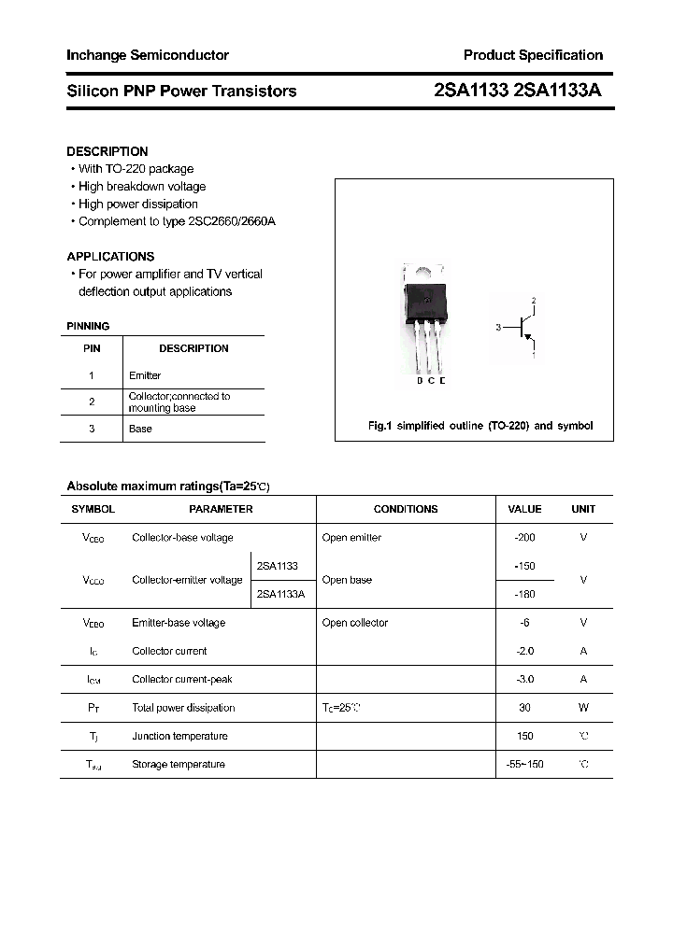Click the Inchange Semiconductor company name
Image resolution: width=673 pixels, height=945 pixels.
(148, 55)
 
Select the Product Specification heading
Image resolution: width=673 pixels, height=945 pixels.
(533, 55)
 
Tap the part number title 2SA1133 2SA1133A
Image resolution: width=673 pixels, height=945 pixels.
(518, 91)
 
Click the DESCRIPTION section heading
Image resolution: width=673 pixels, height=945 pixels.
(107, 151)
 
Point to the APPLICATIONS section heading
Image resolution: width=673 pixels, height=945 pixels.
(110, 256)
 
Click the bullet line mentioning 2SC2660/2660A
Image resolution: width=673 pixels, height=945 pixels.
(177, 221)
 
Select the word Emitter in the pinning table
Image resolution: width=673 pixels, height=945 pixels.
(145, 375)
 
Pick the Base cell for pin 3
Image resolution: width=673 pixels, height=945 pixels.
(140, 429)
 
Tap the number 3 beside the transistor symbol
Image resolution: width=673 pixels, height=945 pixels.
(499, 328)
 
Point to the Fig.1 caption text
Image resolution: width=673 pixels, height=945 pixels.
(480, 426)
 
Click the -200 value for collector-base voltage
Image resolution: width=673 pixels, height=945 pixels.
(524, 538)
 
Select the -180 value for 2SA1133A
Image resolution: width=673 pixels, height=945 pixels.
(524, 594)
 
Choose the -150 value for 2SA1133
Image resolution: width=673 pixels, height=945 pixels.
(524, 566)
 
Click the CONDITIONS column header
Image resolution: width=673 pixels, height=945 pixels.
(406, 509)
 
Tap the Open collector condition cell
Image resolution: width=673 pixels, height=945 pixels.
(355, 623)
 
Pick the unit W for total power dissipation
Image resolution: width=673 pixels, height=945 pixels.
(583, 708)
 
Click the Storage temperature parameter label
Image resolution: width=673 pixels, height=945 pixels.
(179, 764)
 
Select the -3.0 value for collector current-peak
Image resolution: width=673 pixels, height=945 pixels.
(524, 679)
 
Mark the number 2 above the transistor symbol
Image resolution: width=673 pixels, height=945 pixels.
(534, 301)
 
